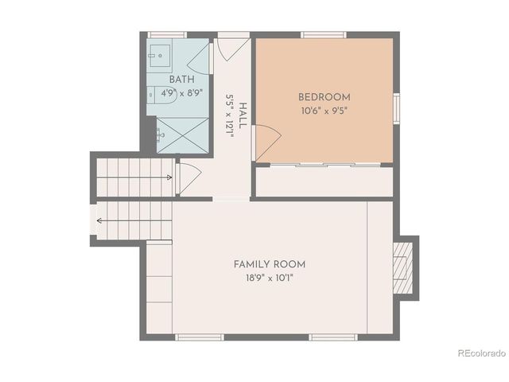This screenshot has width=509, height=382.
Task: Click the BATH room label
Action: (x=181, y=80)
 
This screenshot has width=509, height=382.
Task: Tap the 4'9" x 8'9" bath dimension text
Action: (x=181, y=92)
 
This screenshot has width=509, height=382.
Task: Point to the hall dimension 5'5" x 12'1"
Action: (x=231, y=116)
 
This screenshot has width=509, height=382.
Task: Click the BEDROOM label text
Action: (x=324, y=97)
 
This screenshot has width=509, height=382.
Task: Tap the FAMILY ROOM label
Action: (x=270, y=264)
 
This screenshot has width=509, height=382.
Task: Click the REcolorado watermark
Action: (x=481, y=353)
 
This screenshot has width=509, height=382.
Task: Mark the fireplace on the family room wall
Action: (x=406, y=267)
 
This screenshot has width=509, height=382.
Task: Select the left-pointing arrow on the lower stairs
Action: (x=101, y=221)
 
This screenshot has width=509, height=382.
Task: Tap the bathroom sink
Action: (x=158, y=56)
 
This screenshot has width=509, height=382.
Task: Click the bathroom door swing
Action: (x=200, y=60)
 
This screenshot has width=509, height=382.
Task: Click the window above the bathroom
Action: (x=167, y=34)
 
